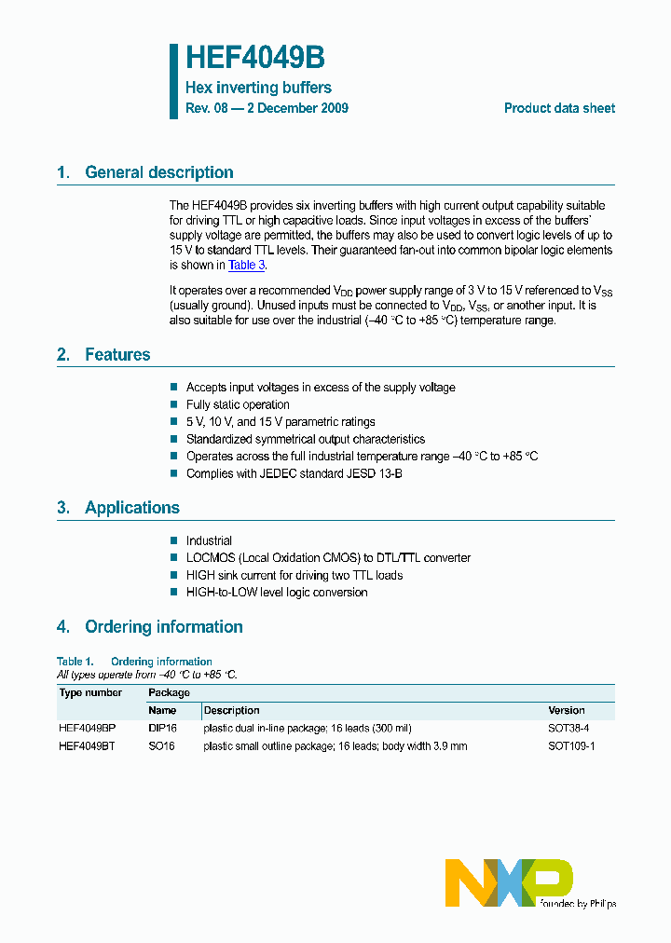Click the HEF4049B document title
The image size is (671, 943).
pos(254,58)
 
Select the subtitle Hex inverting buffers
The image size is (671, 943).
pos(258,88)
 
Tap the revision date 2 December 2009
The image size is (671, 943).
pos(301,108)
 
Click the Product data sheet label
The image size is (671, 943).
pos(559,108)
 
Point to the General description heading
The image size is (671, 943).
pos(158,172)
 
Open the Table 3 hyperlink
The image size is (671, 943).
pos(247,266)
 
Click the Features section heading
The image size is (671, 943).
pos(116,355)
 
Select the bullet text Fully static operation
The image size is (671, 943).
pos(238,404)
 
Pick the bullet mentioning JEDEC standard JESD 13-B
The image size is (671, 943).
pos(294,473)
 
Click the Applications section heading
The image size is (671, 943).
pos(131,508)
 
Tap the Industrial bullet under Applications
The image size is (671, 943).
pos(209,540)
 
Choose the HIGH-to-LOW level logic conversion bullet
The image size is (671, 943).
pos(277,593)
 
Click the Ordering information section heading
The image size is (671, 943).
pos(163,627)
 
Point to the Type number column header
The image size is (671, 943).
pos(90,692)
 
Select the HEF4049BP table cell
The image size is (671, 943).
pos(88,728)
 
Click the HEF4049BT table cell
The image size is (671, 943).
pos(88,746)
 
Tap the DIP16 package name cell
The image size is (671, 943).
pos(162,728)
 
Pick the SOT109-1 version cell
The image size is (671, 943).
pos(570,746)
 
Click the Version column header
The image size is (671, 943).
pos(567,710)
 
